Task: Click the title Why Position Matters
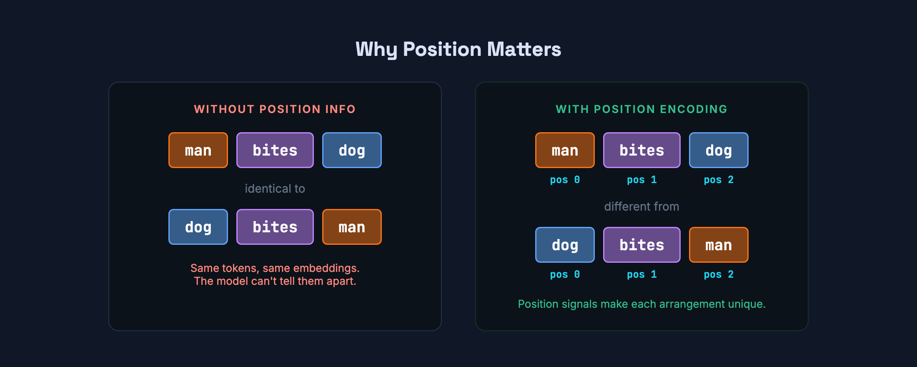(458, 49)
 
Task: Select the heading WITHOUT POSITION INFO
(275, 109)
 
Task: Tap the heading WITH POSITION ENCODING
(641, 109)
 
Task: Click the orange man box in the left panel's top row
(198, 150)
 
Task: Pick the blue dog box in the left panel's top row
(352, 150)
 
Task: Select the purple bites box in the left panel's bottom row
(275, 227)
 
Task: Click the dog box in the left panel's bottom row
(198, 227)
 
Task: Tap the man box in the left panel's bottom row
(352, 227)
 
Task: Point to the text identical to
(275, 189)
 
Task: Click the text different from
(641, 206)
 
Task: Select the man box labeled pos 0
(565, 150)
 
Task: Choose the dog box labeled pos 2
(719, 150)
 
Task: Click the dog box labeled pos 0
(565, 245)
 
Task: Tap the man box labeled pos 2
(719, 245)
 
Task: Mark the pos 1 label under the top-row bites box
(641, 180)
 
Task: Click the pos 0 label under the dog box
(565, 274)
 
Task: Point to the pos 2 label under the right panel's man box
(719, 274)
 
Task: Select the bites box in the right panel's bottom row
(641, 245)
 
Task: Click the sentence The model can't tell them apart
(275, 281)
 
